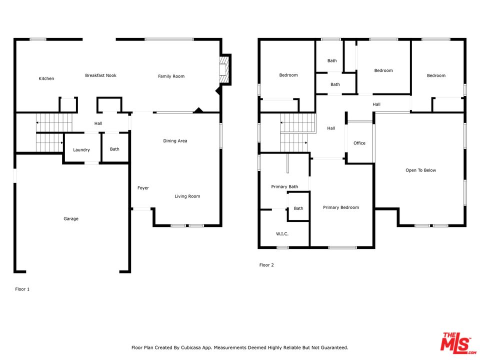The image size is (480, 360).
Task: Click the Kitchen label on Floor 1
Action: [46, 78]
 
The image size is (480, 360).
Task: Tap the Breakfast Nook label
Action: [100, 75]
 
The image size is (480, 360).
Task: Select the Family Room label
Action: [171, 76]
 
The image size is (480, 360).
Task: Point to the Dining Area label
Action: [175, 141]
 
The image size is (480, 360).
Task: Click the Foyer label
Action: [143, 188]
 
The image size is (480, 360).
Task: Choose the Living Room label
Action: [187, 196]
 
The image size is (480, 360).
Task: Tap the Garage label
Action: [71, 218]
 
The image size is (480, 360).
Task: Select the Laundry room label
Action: [81, 149]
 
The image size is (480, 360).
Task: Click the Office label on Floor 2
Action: [359, 143]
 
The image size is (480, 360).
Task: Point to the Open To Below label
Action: [420, 170]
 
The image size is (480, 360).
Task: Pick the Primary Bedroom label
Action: [341, 207]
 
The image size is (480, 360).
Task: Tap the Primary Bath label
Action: [284, 186]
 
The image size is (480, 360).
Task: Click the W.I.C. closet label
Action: [282, 234]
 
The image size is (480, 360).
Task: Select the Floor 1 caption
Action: [22, 289]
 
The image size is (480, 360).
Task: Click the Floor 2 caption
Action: [266, 265]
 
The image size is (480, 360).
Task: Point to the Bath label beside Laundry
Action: [114, 149]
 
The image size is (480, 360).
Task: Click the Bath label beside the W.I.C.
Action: [298, 208]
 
